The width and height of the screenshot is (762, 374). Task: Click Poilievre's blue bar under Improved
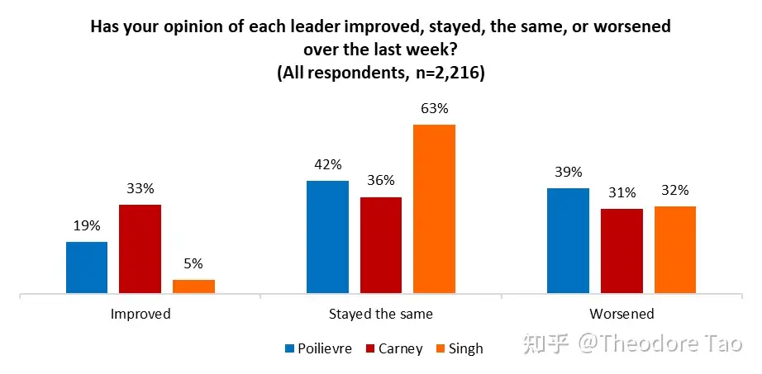pos(87,267)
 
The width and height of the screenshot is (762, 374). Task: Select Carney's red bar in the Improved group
pos(140,249)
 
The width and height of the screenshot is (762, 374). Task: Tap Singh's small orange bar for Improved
pos(193,286)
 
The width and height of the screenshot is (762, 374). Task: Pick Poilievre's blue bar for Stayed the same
pos(327,237)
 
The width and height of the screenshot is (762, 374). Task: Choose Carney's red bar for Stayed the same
pos(381,245)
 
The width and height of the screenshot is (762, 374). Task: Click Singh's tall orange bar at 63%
pos(434,209)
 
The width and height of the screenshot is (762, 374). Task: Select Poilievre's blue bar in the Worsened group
pos(569,240)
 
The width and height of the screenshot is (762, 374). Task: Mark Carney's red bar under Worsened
pos(622,251)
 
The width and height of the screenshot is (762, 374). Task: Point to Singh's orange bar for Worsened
pos(675,249)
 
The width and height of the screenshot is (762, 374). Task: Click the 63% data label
pos(434,109)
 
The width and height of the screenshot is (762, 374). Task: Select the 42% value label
pos(327,164)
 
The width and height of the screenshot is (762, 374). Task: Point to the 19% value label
pos(87,225)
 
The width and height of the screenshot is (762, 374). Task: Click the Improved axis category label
pos(140,314)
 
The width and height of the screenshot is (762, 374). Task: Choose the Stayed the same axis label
pos(381,314)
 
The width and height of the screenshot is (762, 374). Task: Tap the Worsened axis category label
pos(622,314)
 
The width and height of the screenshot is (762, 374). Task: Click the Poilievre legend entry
pos(326,348)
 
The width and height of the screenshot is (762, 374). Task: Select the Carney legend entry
pos(400,348)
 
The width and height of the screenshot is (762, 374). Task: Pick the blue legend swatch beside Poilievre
pos(288,348)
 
